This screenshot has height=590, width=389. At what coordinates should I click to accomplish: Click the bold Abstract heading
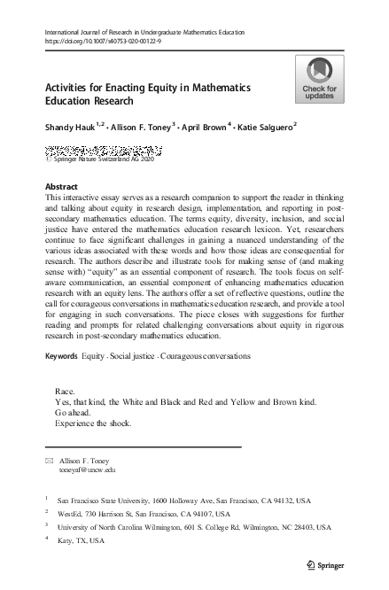tap(60, 186)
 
